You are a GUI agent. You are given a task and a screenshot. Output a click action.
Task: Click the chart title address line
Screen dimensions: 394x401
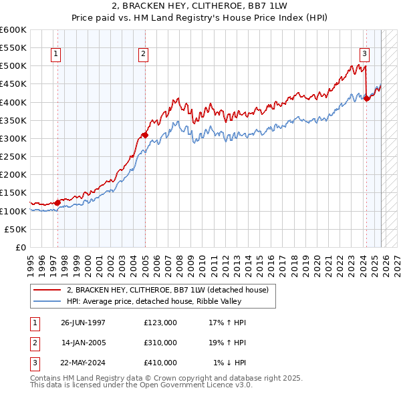point(200,6)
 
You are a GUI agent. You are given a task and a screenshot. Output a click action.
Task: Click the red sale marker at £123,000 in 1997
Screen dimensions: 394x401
point(58,202)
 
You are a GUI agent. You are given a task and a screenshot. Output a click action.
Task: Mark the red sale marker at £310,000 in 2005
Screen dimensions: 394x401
point(145,135)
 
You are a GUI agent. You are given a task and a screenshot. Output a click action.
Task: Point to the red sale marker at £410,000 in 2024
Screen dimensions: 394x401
point(366,99)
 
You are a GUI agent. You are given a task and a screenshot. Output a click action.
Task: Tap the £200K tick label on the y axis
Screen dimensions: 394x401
point(13,175)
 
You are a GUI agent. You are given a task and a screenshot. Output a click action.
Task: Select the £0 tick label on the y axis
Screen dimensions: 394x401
point(21,247)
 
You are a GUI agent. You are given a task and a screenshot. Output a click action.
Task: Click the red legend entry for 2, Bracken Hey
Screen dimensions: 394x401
point(167,290)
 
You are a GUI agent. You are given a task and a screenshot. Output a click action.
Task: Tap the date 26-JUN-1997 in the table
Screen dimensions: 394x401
point(83,323)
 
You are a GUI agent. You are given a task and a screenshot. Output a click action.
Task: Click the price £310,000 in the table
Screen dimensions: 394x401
point(160,342)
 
